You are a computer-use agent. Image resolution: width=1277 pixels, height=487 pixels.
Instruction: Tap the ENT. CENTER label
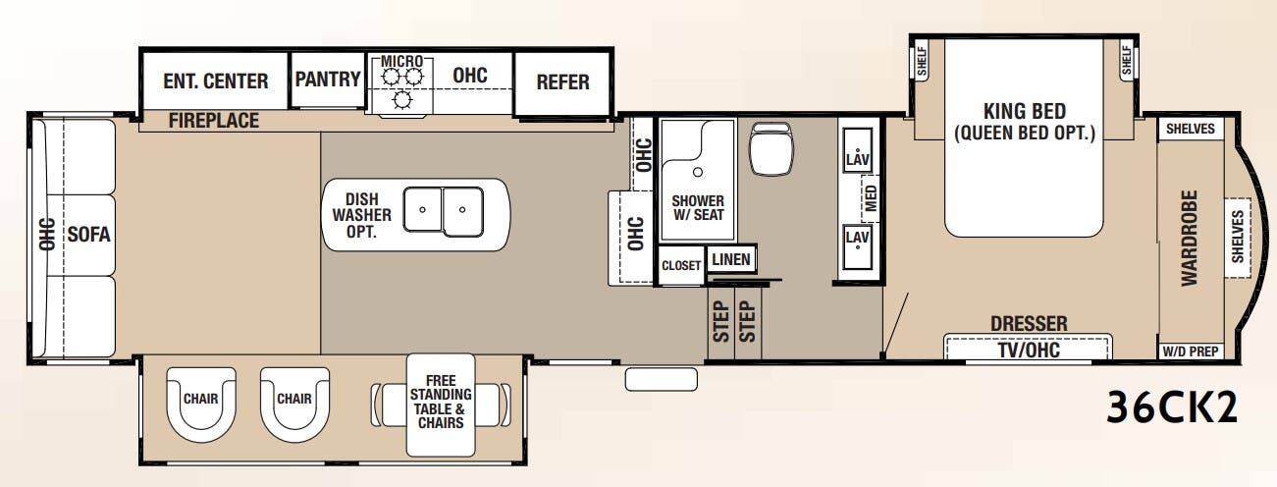click(x=215, y=81)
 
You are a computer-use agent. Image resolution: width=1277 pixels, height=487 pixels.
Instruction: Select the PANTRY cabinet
click(x=328, y=80)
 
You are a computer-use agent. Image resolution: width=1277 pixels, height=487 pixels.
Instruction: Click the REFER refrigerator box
click(x=562, y=81)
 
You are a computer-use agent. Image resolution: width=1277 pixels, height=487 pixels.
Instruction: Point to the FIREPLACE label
click(x=213, y=121)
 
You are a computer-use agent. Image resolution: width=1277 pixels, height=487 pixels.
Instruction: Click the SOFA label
click(x=88, y=235)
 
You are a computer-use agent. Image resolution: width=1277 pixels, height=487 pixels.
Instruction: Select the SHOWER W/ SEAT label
click(x=697, y=207)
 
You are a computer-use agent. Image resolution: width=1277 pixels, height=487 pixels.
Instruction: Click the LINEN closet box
click(x=731, y=259)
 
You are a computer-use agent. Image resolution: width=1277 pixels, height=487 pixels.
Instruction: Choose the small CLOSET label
click(x=681, y=265)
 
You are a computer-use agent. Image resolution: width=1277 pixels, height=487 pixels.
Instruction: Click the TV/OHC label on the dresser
click(x=1028, y=349)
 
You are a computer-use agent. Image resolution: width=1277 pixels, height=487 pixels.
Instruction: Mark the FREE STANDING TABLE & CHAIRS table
click(x=440, y=402)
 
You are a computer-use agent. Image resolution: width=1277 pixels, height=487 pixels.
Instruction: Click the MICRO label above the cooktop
click(x=401, y=62)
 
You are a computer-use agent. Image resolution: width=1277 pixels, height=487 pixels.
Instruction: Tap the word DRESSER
click(x=1028, y=323)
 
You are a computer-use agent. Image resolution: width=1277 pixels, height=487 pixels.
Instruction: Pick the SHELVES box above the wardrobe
click(x=1191, y=129)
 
